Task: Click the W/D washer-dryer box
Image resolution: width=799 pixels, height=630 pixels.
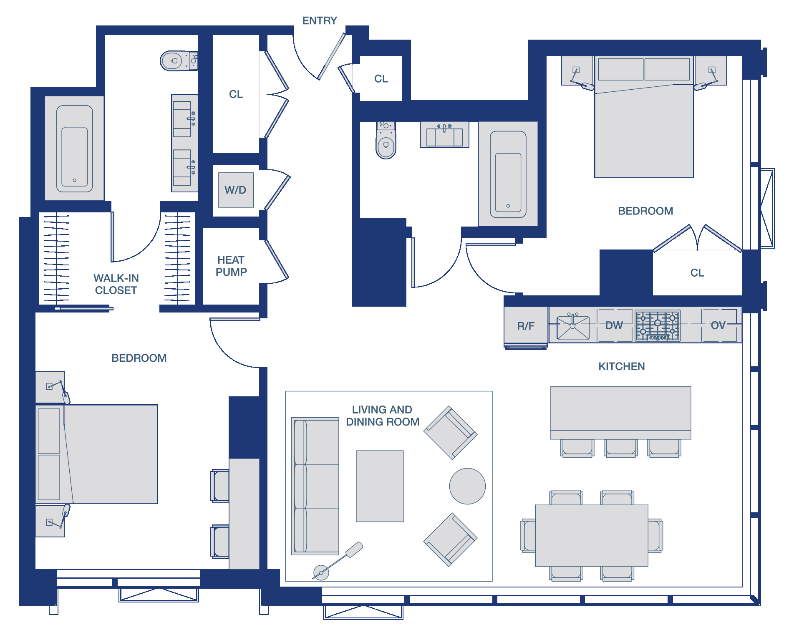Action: click(236, 190)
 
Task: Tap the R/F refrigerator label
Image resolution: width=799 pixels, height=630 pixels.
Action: click(526, 326)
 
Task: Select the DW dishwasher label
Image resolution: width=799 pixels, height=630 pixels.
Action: click(614, 325)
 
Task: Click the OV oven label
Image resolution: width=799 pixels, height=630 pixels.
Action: click(718, 325)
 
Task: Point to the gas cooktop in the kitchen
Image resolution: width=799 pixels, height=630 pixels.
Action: click(658, 325)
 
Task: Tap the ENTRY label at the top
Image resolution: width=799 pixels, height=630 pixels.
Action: click(320, 20)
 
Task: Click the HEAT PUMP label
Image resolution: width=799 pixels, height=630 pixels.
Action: click(231, 266)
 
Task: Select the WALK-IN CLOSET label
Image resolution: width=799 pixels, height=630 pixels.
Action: click(116, 284)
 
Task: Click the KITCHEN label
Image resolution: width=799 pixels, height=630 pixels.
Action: click(621, 366)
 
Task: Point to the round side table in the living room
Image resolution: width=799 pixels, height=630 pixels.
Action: click(467, 486)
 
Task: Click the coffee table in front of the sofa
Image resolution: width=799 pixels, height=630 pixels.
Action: click(380, 486)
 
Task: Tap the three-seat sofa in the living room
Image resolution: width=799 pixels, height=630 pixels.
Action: click(315, 486)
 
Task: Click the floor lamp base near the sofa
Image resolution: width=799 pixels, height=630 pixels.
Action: click(321, 572)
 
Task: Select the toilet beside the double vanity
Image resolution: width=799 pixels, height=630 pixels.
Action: click(179, 61)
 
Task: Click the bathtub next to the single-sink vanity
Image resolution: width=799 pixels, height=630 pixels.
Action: click(508, 174)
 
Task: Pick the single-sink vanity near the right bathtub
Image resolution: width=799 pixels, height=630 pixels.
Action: click(444, 134)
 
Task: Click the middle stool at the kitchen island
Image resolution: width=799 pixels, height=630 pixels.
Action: click(620, 448)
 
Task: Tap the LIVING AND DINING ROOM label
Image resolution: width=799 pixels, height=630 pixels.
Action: click(382, 416)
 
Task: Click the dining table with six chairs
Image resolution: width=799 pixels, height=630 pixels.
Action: click(591, 535)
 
